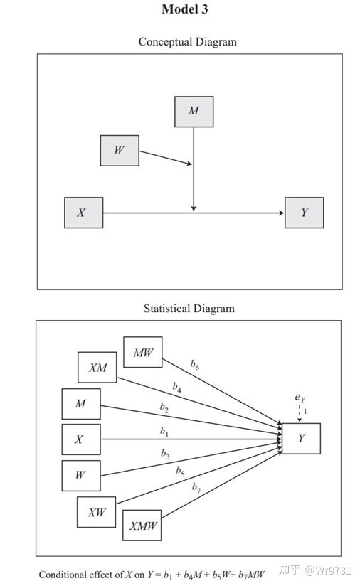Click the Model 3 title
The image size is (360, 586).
click(185, 9)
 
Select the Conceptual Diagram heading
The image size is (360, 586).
click(187, 42)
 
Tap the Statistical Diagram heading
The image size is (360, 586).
click(189, 309)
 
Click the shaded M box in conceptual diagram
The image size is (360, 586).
click(194, 112)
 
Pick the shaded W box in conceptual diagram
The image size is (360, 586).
click(119, 150)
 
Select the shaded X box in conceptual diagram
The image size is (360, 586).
click(83, 213)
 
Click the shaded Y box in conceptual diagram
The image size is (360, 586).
click(304, 213)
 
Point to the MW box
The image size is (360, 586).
click(143, 352)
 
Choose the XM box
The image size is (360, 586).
click(97, 368)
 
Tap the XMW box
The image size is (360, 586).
click(142, 527)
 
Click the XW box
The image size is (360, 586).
click(97, 512)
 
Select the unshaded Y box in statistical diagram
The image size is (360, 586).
click(301, 439)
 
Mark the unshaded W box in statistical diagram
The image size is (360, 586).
click(80, 476)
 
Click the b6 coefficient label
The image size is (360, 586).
click(194, 364)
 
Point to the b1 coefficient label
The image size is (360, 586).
click(164, 431)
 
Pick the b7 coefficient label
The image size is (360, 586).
click(196, 488)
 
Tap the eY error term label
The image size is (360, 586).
click(300, 398)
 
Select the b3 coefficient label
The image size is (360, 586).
click(165, 454)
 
